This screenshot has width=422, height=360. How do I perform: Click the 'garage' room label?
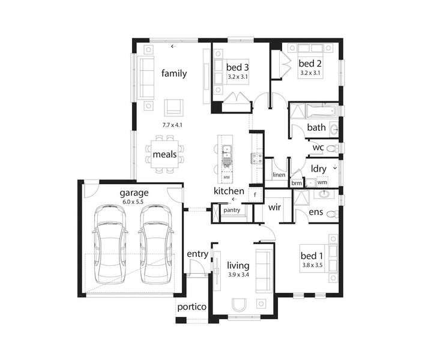[x=134, y=193]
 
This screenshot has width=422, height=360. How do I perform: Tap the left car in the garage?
[x=110, y=244]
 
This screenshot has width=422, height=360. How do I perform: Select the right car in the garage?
[x=156, y=244]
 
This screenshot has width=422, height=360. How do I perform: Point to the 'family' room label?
[x=174, y=73]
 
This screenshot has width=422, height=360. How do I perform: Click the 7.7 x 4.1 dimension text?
[x=172, y=125]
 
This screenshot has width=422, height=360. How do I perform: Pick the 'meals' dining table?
[x=164, y=154]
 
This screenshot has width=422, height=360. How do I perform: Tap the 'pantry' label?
[x=232, y=210]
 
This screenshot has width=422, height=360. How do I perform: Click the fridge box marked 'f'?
[x=255, y=195]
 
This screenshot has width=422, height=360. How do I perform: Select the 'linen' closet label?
[x=279, y=175]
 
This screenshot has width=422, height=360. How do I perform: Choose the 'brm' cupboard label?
[x=297, y=183]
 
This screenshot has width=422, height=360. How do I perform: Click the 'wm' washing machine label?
[x=322, y=182]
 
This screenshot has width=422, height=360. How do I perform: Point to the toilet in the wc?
[x=334, y=148]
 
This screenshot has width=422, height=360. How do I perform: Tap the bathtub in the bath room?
[x=322, y=110]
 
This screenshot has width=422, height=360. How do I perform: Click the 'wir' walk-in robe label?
[x=274, y=207]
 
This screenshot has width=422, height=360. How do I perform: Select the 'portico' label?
[x=192, y=307]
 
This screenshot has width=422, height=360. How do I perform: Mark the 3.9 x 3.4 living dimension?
[x=238, y=275]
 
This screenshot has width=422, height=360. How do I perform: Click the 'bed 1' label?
[x=312, y=256]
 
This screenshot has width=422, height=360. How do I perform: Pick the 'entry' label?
[x=197, y=254]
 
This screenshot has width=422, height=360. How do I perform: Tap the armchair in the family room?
[x=173, y=107]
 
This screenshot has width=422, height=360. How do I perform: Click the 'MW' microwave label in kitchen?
[x=227, y=178]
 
